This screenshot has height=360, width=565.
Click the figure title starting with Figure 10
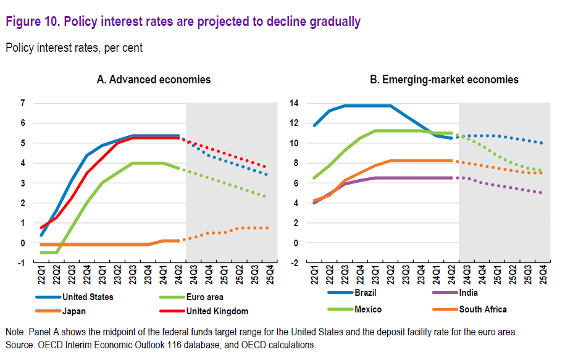(183, 22)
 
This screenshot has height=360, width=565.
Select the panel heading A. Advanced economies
(153, 80)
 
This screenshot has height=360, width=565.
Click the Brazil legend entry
(364, 293)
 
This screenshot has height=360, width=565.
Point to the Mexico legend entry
(367, 309)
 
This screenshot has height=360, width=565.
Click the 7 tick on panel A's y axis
(22, 103)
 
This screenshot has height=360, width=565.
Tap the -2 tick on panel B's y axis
(294, 262)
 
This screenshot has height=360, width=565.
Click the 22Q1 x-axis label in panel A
(42, 275)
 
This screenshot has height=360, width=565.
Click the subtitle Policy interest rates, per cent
(74, 48)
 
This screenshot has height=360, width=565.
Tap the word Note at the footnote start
(15, 333)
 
